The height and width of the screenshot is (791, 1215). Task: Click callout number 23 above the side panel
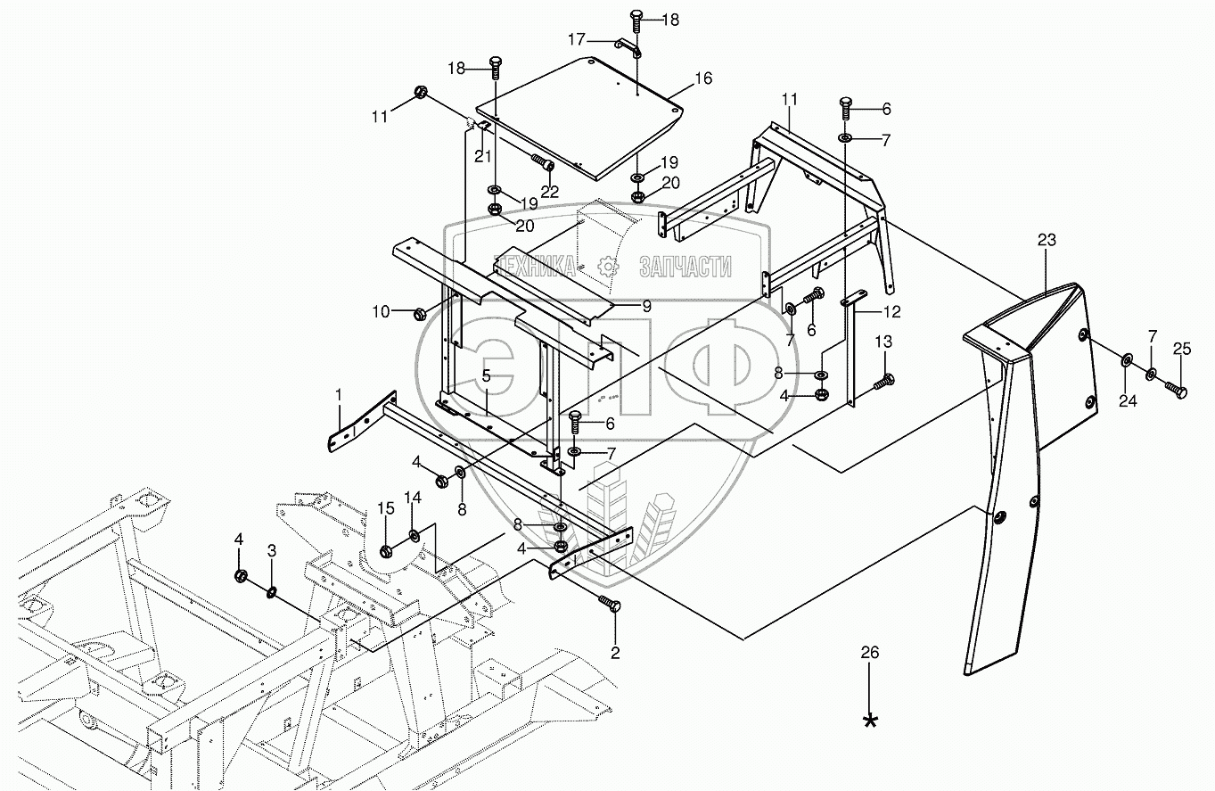pos(1047,239)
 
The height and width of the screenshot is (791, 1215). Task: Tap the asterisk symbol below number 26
pos(870,721)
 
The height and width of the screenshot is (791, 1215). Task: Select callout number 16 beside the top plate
pos(702,78)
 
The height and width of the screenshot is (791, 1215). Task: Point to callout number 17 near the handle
pos(578,39)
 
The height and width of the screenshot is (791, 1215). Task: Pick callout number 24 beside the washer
pos(1128,400)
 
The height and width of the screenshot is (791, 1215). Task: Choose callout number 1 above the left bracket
pos(339,393)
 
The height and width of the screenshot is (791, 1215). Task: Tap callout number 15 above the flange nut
pos(385,507)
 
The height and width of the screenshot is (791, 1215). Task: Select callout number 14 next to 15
pos(413,497)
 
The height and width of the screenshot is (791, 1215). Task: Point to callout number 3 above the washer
pos(272,550)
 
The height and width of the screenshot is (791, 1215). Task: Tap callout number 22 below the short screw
pos(549,191)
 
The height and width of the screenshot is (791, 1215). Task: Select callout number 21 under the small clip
pos(482,156)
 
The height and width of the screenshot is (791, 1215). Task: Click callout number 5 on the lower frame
pos(486,375)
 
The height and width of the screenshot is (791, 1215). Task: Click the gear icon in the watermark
pos(608,266)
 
